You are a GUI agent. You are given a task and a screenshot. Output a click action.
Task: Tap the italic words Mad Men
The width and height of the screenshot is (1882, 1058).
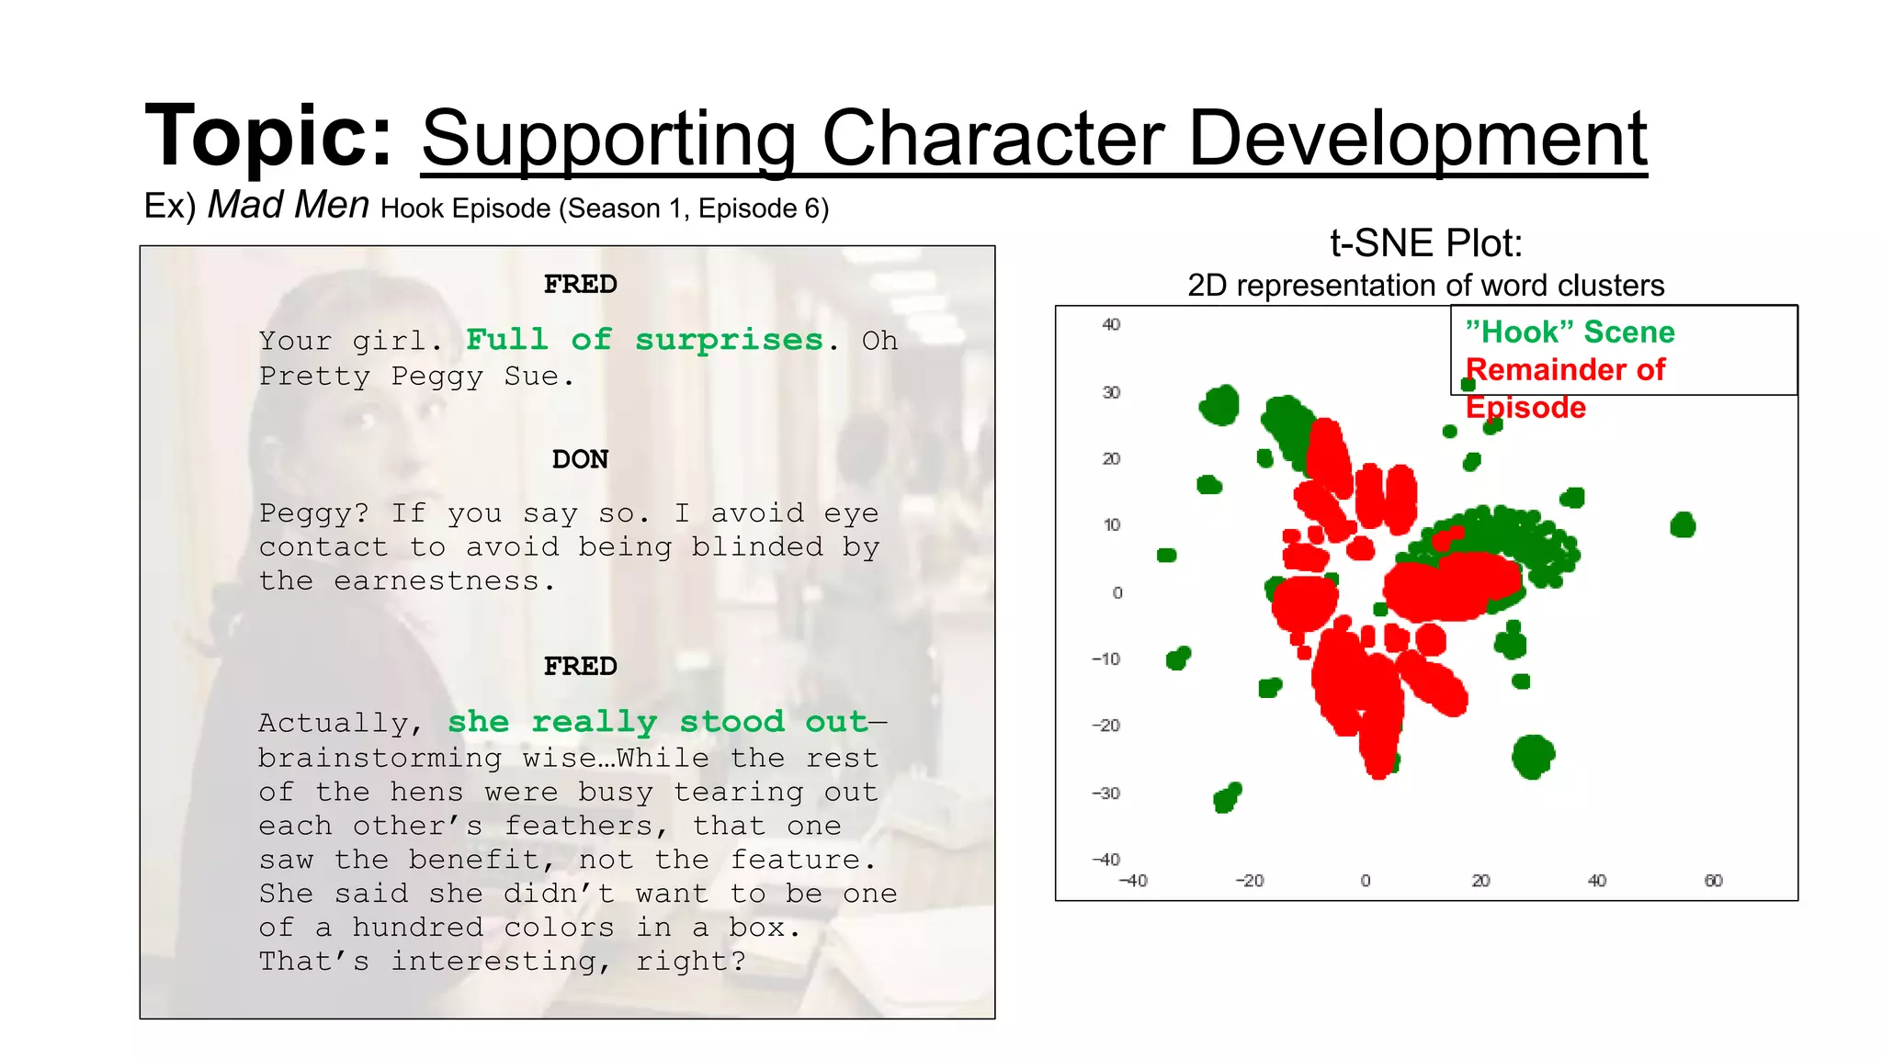point(289,205)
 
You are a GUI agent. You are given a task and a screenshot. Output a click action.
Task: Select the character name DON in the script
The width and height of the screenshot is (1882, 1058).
point(580,459)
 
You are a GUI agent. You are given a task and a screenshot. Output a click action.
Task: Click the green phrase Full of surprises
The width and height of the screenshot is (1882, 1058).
point(644,340)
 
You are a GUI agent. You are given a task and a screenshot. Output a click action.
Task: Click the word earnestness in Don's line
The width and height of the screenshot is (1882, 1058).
point(436,581)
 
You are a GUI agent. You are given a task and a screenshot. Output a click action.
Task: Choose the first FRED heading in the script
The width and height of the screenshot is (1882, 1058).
point(580,285)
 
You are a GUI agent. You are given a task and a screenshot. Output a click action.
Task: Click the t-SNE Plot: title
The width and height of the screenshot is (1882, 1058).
point(1425,243)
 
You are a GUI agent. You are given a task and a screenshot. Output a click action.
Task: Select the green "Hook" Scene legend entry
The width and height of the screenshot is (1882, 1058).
point(1570,332)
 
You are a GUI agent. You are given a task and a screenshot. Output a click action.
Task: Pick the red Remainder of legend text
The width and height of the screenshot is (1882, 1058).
point(1565,369)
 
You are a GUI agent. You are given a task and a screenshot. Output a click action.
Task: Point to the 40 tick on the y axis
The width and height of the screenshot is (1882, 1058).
point(1111,324)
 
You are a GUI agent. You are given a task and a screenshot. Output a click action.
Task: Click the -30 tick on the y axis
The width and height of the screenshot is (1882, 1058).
point(1106,793)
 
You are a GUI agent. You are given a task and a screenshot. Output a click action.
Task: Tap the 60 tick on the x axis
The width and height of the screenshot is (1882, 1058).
point(1713,881)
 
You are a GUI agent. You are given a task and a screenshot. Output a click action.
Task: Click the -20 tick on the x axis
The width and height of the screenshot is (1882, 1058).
point(1249,881)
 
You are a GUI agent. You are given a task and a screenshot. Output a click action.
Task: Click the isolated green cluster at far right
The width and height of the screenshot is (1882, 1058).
point(1683,525)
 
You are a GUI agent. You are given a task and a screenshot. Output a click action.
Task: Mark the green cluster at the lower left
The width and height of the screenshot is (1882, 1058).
point(1227,797)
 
